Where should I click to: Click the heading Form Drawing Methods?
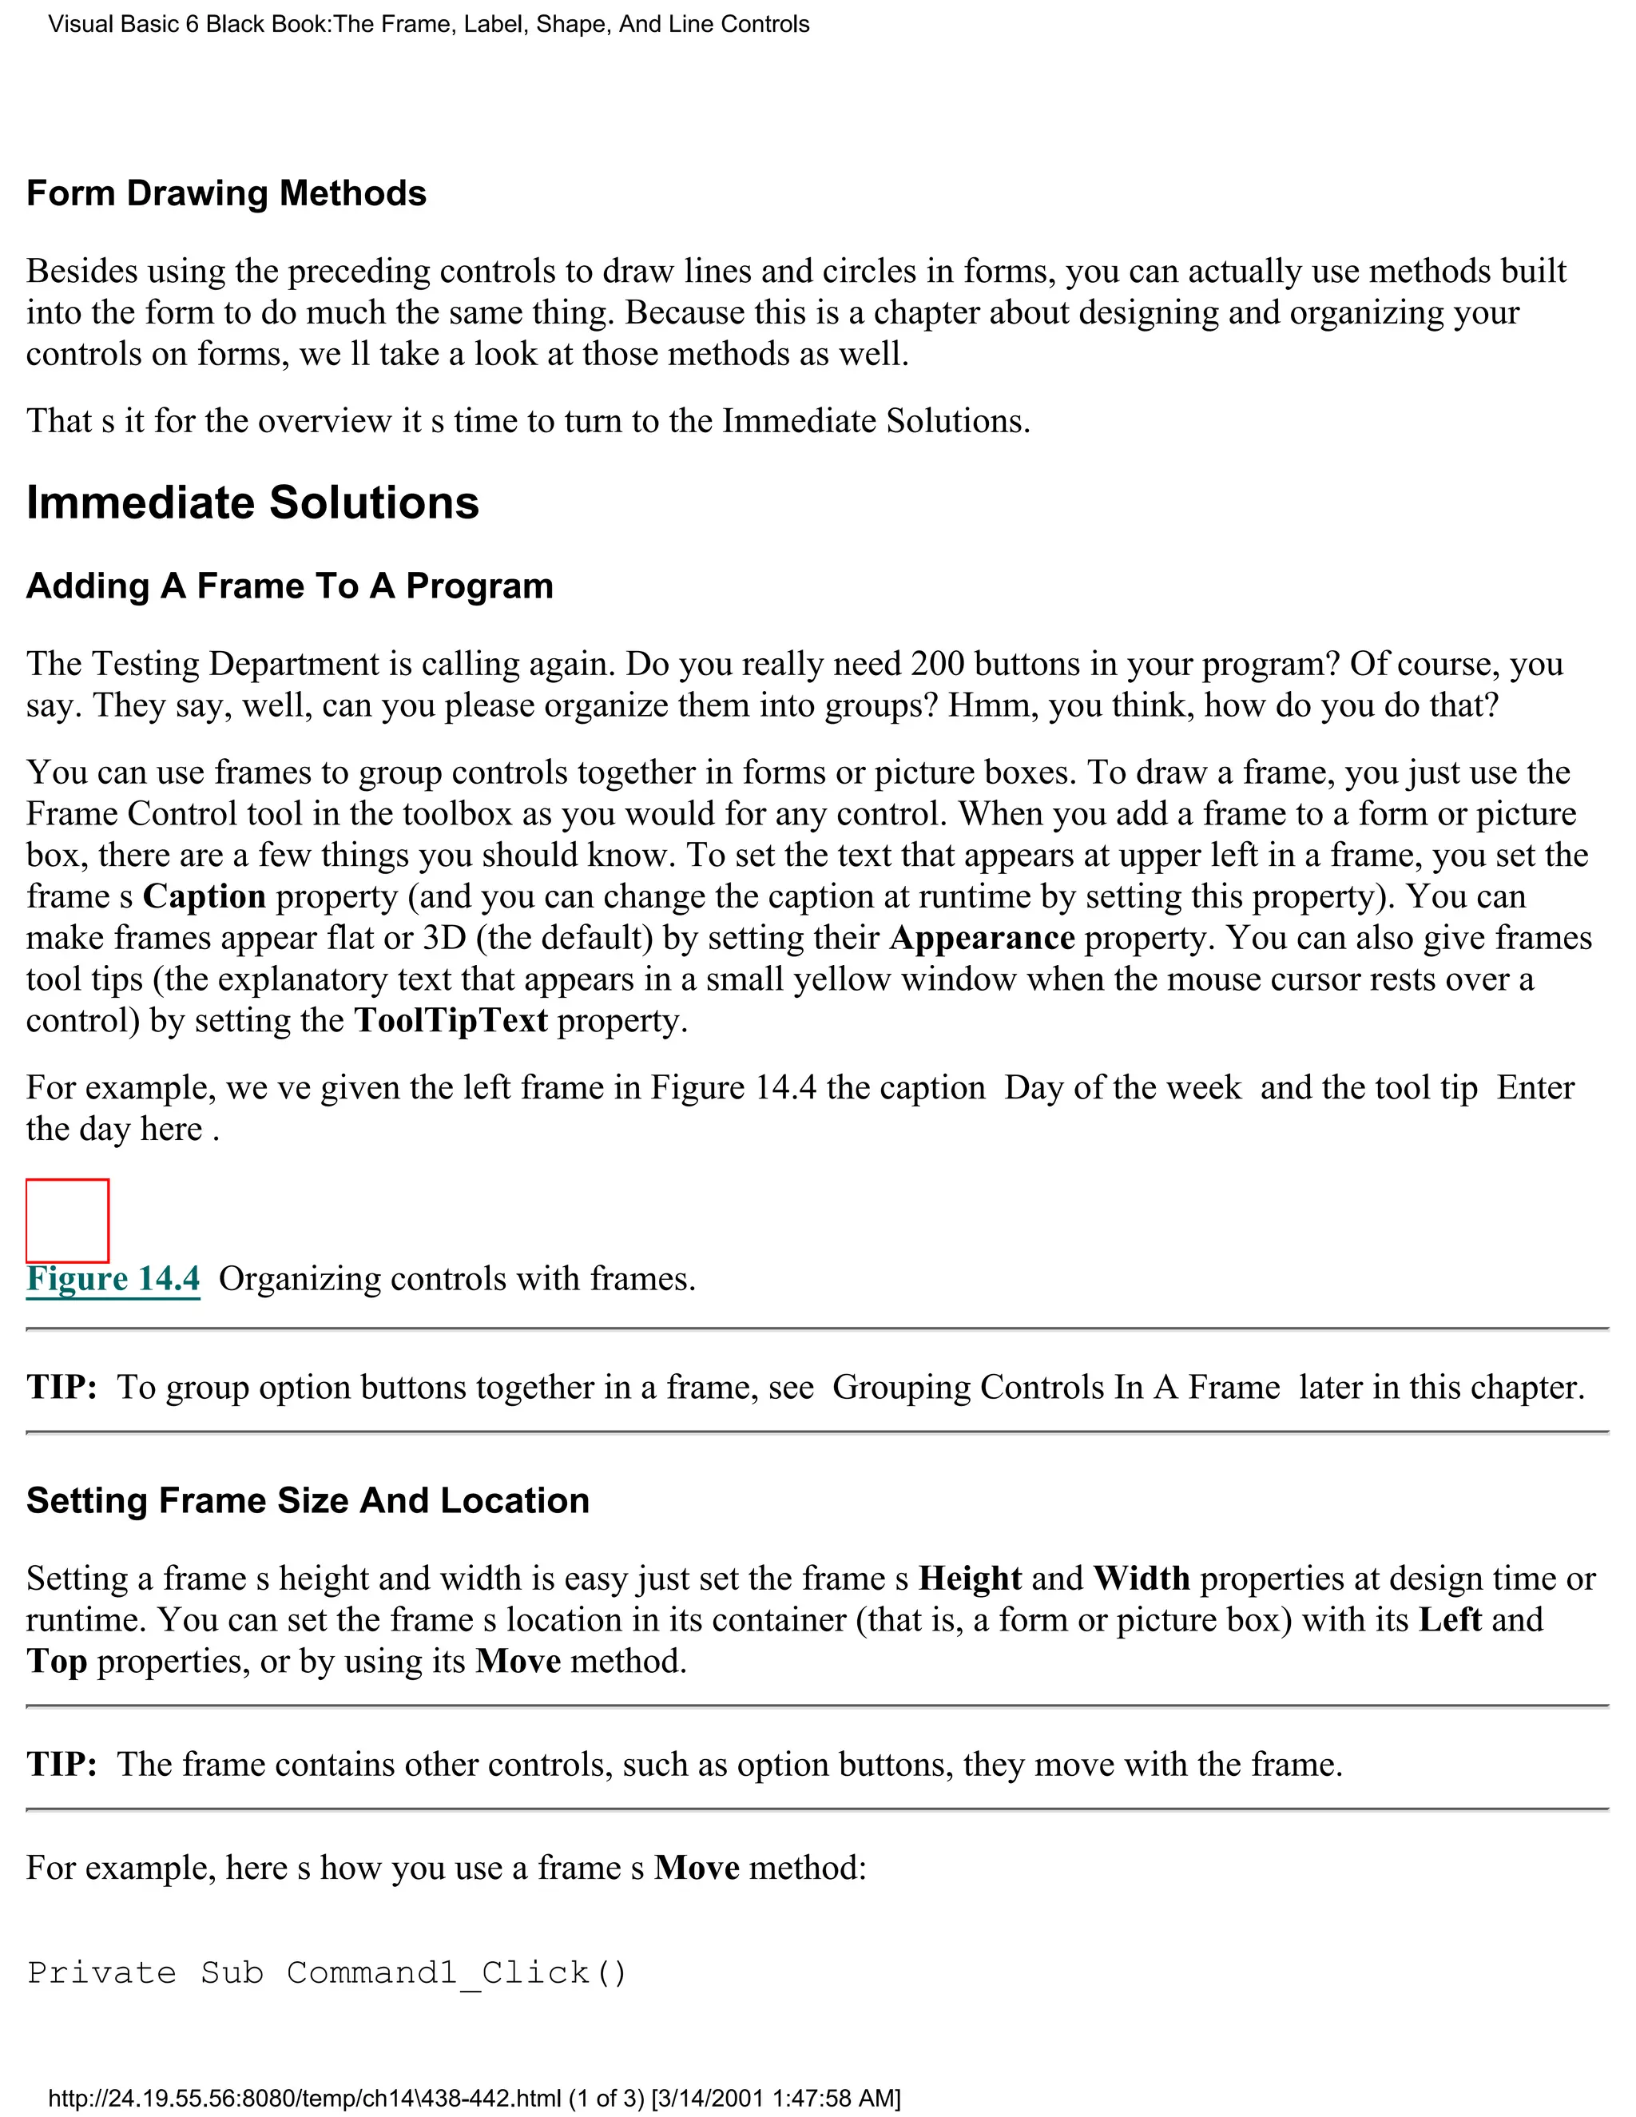pos(226,193)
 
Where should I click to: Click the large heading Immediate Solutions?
pos(252,502)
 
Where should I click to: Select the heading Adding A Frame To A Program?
pos(289,586)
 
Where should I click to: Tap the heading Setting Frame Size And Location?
pos(308,1499)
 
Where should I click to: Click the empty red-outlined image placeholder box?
pos(67,1221)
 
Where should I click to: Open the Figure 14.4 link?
pos(113,1278)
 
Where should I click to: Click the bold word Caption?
pos(204,896)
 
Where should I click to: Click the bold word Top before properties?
pos(56,1661)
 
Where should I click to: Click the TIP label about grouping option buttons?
pos(61,1387)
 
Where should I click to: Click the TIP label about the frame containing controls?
pos(61,1763)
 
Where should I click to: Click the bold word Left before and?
pos(1450,1620)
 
